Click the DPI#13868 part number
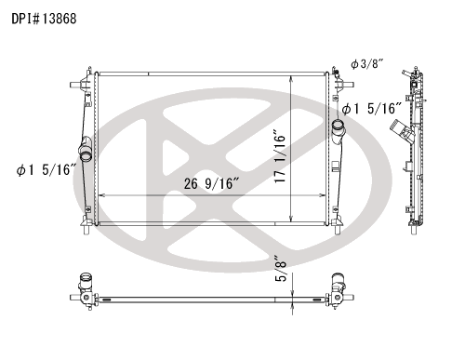coord(44,19)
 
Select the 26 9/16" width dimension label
coord(212,183)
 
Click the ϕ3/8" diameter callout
coord(367,64)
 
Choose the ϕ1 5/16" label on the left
coord(46,170)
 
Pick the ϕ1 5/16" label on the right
coord(372,109)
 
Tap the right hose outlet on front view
coord(338,131)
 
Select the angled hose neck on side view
coord(401,130)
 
